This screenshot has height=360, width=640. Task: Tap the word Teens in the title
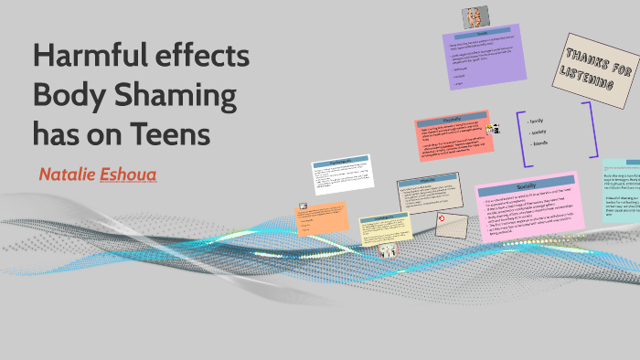coord(168,133)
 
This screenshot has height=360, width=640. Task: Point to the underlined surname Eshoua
coord(127,174)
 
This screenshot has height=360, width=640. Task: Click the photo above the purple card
coord(474,17)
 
